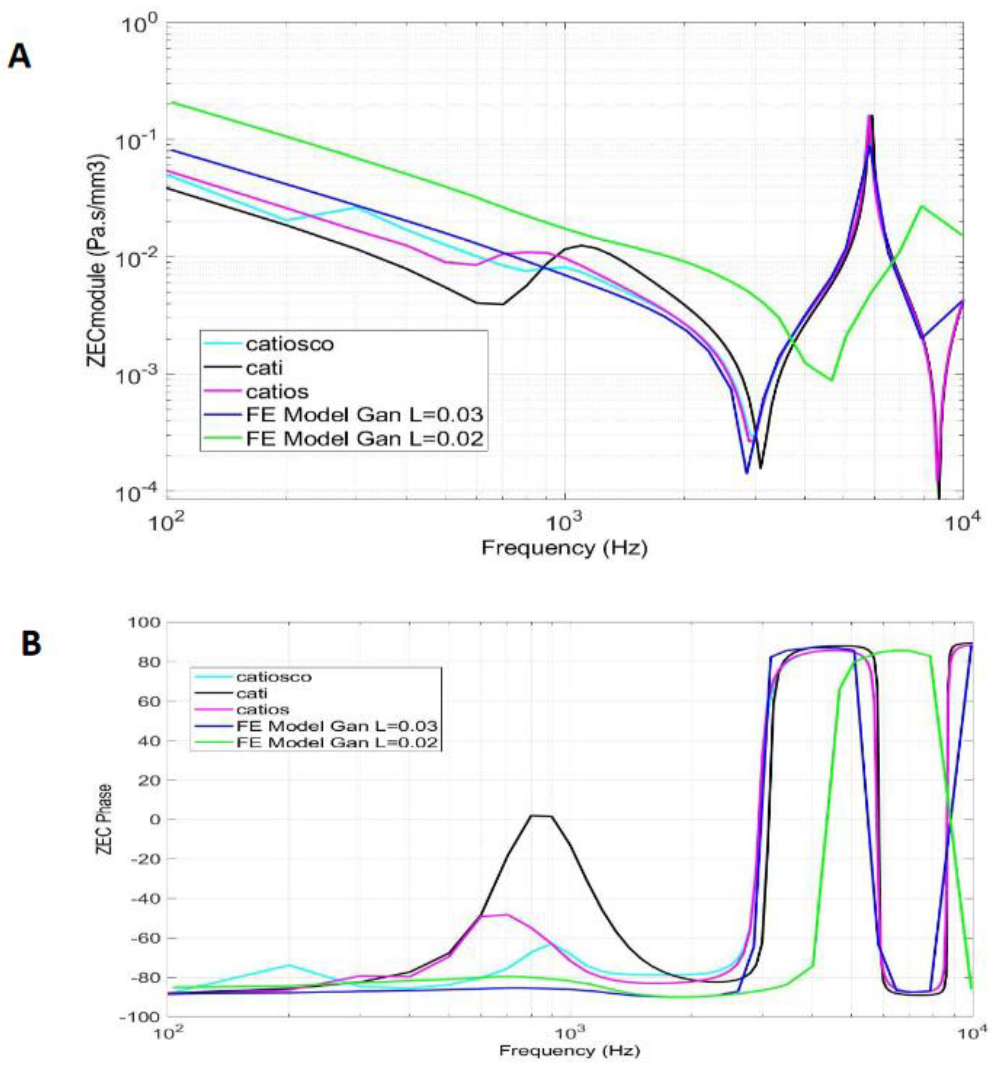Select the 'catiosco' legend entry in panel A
click(x=289, y=343)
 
